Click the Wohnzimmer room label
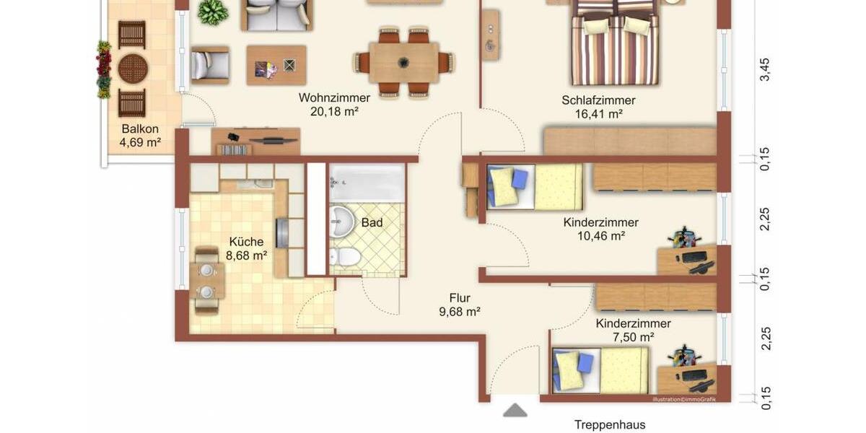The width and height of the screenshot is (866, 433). tap(334, 97)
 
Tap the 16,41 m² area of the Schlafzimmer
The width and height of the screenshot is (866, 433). tap(598, 113)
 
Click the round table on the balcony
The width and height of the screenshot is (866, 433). tap(133, 69)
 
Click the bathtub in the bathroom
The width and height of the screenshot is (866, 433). tap(367, 183)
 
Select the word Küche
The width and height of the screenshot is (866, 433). tap(246, 242)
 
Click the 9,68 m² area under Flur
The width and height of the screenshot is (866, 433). tap(460, 312)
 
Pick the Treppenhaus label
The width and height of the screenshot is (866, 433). tap(610, 424)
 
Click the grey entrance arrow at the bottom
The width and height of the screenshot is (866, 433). tap(515, 410)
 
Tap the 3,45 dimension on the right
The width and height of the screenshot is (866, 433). tap(765, 71)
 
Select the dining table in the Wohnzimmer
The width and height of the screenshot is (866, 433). tap(403, 62)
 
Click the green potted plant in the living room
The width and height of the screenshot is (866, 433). tap(213, 12)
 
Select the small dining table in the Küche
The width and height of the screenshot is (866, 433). tap(206, 281)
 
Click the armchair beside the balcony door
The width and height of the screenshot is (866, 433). tap(209, 65)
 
